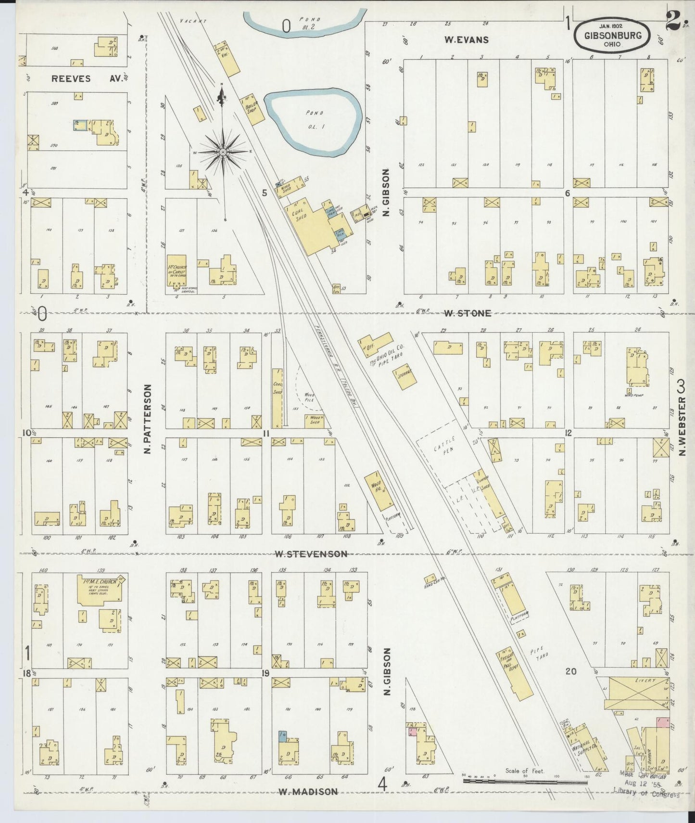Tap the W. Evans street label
click(466, 40)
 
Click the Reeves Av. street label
click(71, 78)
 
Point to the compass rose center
click(223, 152)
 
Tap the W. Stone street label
click(467, 313)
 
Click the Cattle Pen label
click(440, 455)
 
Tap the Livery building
click(634, 693)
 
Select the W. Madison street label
click(308, 792)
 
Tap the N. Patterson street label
click(147, 419)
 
